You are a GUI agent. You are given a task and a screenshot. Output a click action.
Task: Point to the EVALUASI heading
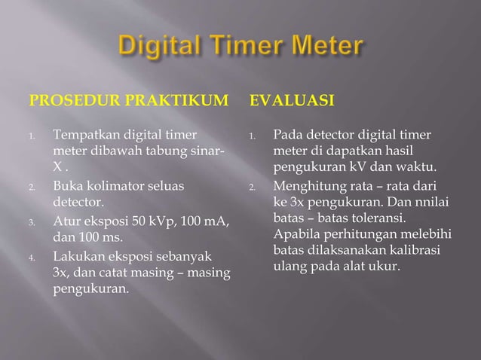[289, 99]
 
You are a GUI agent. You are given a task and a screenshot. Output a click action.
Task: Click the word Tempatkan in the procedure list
[82, 136]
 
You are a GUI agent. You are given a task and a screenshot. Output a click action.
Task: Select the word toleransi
[380, 218]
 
